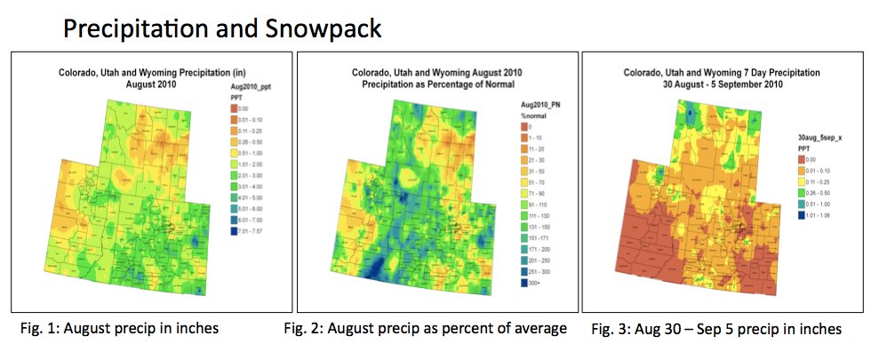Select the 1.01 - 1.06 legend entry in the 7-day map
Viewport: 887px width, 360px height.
pos(816,213)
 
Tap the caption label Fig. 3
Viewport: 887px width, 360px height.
pos(608,330)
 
